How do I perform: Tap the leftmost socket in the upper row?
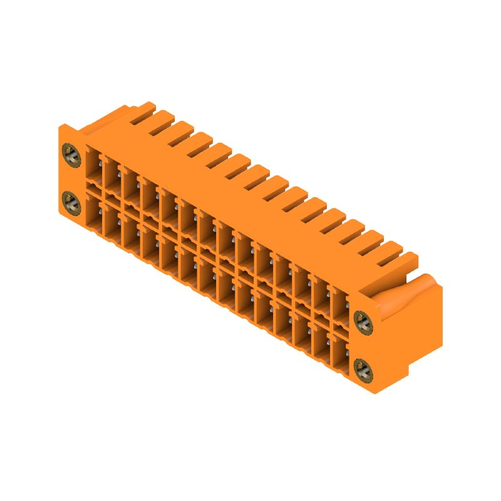(x=93, y=164)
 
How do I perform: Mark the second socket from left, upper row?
(x=111, y=174)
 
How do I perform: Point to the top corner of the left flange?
(x=61, y=127)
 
